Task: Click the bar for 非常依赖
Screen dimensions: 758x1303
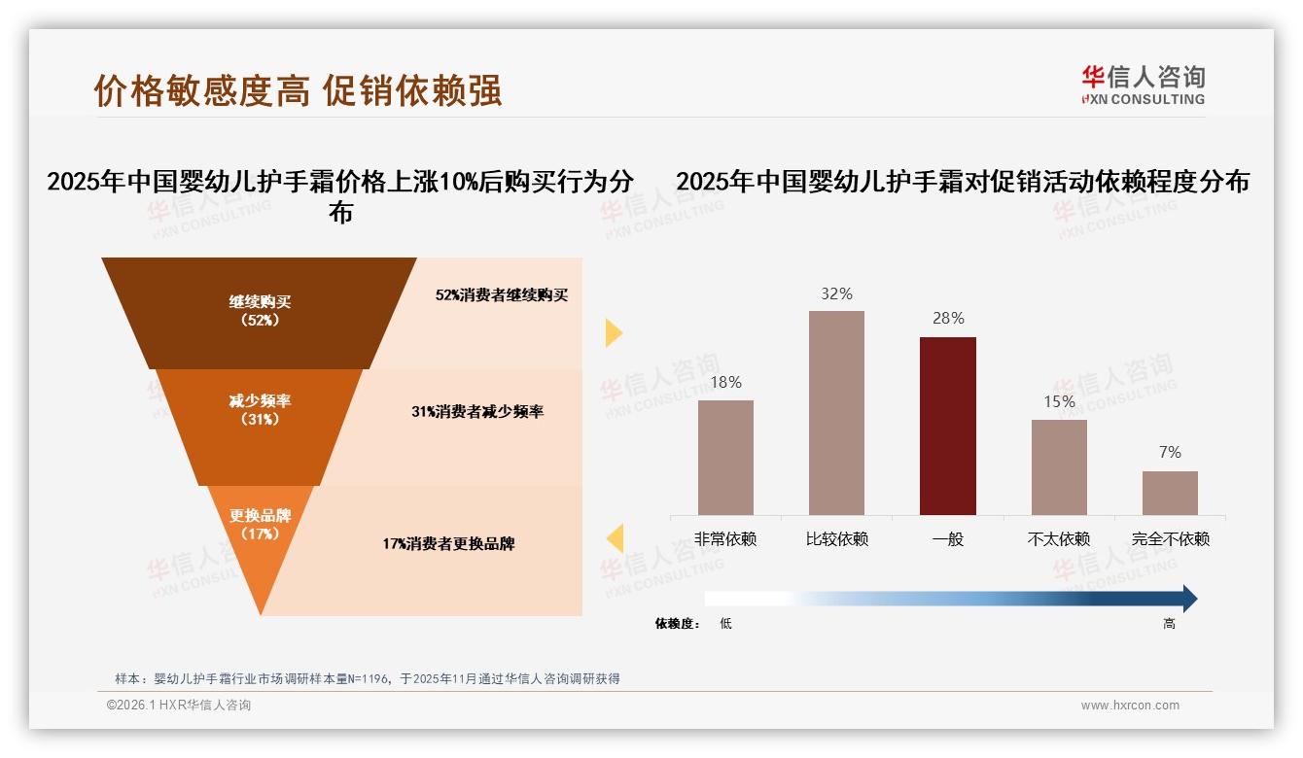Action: [725, 457]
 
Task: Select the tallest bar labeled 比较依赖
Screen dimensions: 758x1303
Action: [836, 412]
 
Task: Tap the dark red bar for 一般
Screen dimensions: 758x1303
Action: [947, 426]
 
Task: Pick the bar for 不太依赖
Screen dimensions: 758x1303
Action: [1059, 466]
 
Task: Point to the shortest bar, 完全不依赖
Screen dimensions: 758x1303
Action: [1170, 493]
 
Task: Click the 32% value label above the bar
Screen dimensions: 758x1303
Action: [836, 293]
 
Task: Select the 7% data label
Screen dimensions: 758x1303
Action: [1170, 452]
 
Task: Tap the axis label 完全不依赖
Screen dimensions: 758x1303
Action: [1170, 539]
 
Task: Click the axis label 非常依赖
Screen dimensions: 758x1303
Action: [725, 539]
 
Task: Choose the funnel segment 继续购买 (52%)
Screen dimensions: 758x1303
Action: [260, 311]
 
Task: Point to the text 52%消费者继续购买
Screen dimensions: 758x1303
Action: [502, 295]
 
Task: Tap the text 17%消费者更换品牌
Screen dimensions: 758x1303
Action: [448, 544]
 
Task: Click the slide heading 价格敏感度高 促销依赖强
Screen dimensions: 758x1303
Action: [298, 90]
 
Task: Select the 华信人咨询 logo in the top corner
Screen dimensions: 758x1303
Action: [1143, 85]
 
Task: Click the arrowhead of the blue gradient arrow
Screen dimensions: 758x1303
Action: [1188, 599]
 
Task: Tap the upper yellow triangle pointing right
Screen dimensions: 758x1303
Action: [613, 332]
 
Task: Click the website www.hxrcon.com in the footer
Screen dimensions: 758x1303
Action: [1130, 706]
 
